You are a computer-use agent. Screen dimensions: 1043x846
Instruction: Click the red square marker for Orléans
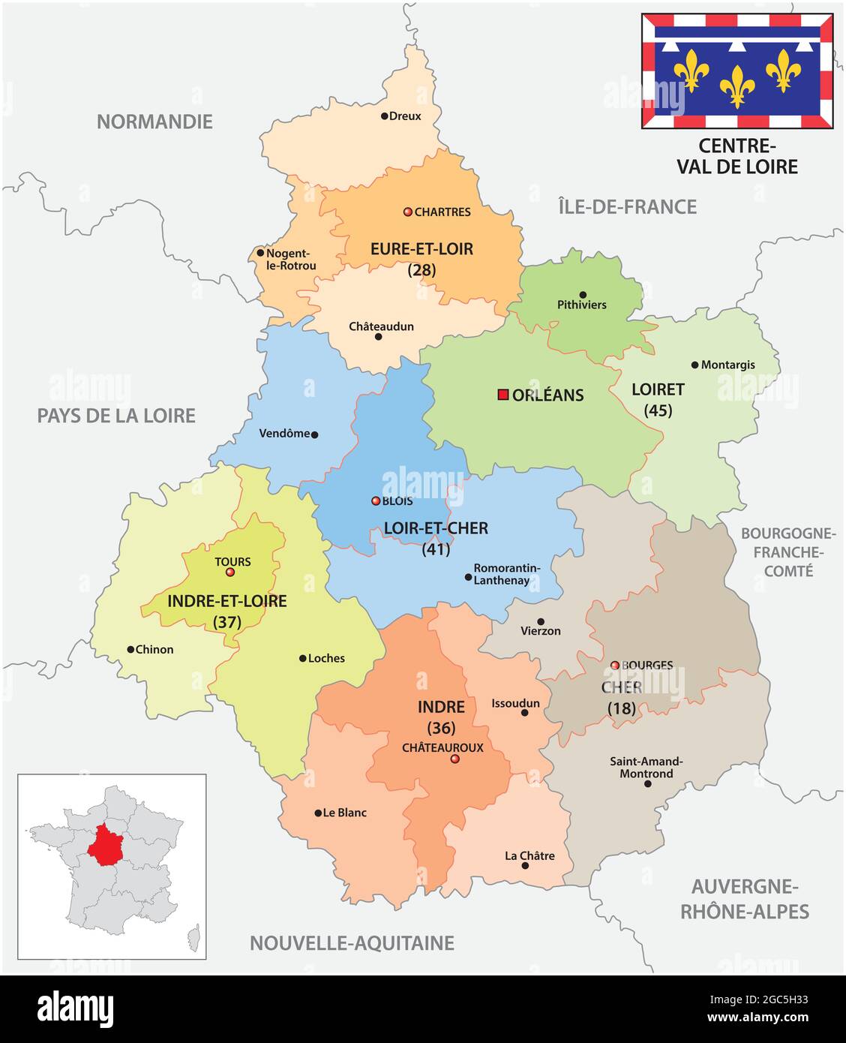502,395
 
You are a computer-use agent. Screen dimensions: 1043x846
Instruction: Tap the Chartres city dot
408,212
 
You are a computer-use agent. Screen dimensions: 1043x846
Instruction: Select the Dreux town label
405,116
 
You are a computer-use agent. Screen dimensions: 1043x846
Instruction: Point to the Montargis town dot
694,365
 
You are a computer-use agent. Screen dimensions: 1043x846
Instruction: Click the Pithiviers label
582,305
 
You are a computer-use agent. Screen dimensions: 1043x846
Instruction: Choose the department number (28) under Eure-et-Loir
421,270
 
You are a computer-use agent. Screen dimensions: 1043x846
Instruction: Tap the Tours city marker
230,573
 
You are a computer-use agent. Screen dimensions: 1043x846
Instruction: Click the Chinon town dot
130,650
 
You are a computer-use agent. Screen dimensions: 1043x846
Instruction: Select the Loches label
326,658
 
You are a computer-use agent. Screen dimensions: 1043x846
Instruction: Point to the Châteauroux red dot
454,759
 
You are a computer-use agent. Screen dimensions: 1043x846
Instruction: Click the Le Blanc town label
345,813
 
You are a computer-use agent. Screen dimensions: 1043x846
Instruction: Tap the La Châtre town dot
525,866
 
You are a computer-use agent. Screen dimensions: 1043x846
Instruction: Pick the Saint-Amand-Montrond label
646,767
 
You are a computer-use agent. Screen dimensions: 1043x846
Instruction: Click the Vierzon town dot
541,621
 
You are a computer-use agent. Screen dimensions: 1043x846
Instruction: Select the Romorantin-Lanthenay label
507,575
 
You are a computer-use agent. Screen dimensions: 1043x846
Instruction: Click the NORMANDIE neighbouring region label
154,122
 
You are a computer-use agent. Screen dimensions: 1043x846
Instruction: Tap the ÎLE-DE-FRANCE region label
628,206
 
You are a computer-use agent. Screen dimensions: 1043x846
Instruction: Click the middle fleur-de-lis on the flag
737,86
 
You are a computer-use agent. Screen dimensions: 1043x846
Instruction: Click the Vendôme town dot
314,434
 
